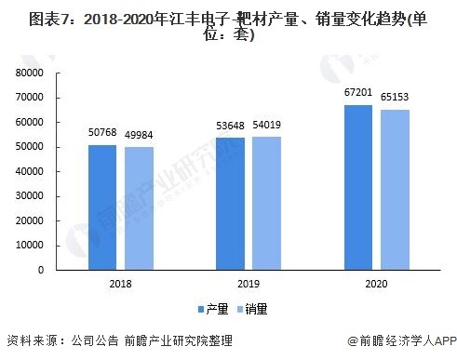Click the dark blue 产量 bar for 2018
[x=102, y=207]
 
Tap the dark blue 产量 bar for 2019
[x=231, y=204]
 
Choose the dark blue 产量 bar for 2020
[x=358, y=187]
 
